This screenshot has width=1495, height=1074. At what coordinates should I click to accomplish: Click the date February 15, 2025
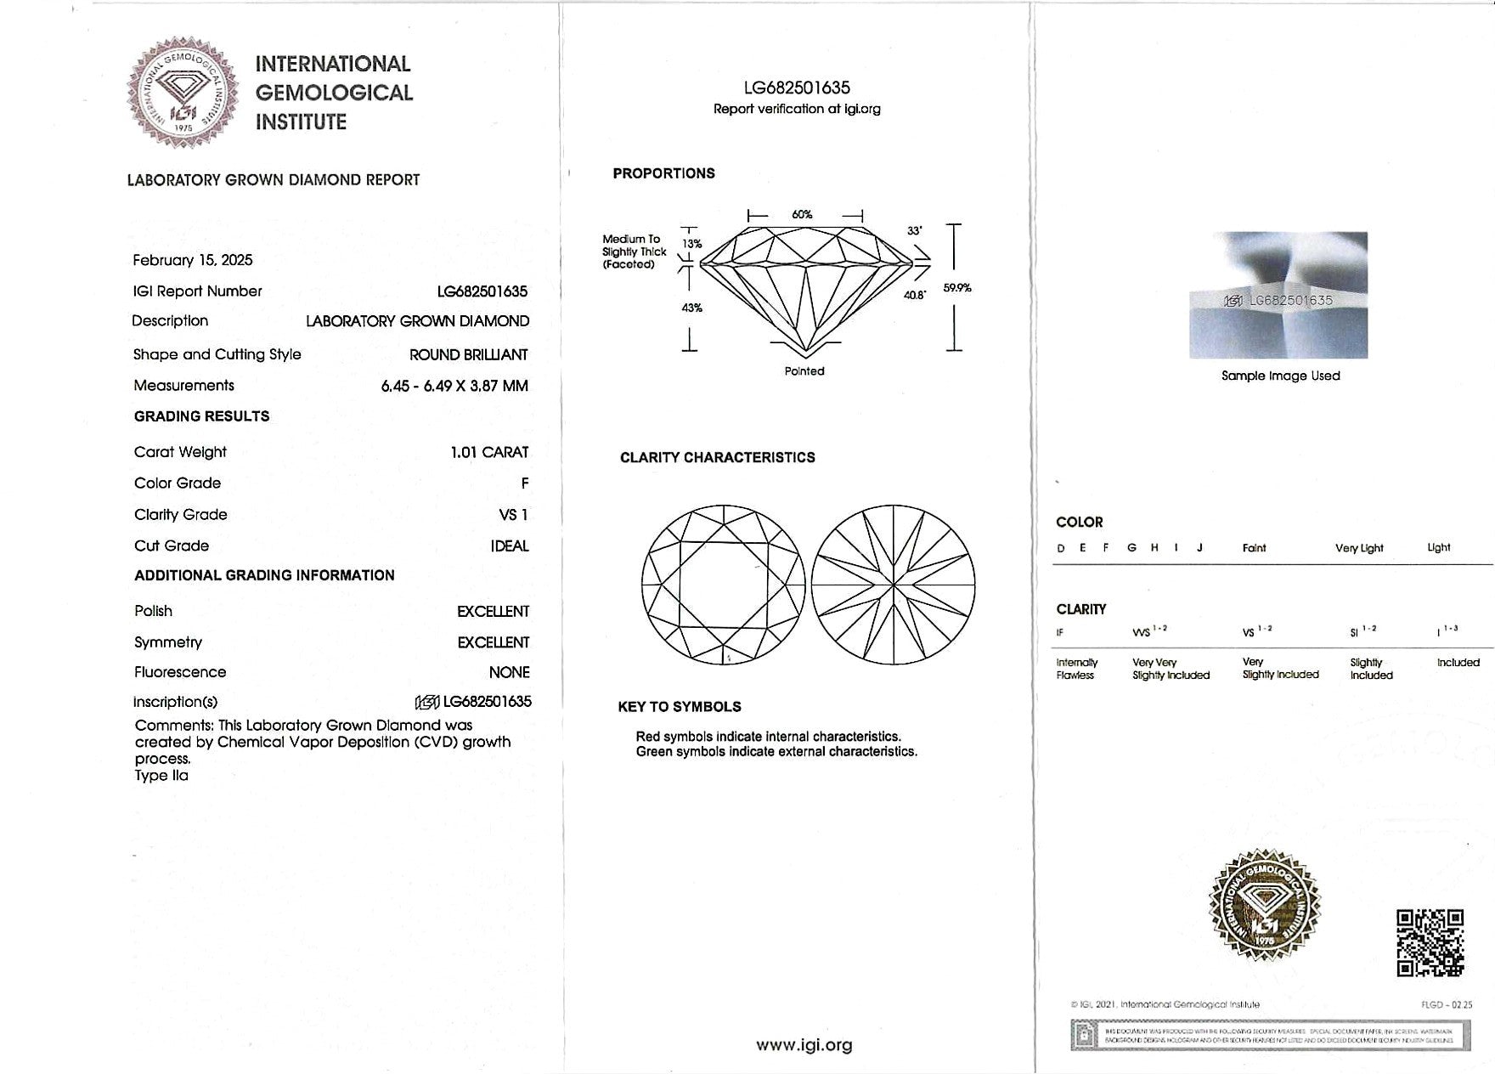(193, 260)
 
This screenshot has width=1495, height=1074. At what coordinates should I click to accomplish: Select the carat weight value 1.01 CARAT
(489, 452)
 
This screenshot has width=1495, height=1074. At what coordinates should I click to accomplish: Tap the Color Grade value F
(525, 483)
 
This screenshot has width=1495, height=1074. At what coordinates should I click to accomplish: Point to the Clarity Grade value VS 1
(513, 514)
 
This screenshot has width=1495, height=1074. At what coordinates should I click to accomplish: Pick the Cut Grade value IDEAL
(510, 545)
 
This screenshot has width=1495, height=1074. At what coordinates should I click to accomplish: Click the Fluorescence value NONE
(509, 672)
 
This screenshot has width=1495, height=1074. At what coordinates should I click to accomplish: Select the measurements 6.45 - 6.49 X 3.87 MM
(454, 386)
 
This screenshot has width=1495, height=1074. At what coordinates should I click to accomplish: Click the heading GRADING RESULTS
(201, 416)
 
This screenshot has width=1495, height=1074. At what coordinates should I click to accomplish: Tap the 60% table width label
(802, 215)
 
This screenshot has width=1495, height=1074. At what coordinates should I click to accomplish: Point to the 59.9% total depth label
(957, 288)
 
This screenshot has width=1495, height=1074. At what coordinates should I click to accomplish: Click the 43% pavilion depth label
(692, 308)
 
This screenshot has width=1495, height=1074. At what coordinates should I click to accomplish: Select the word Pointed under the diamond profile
(804, 371)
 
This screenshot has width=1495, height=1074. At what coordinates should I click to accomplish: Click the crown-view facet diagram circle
(723, 585)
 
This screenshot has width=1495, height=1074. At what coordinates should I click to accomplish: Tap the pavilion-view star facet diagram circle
(893, 585)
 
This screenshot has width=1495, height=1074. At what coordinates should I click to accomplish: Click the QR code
(1430, 942)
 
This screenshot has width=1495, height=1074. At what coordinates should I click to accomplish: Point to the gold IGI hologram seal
(1265, 906)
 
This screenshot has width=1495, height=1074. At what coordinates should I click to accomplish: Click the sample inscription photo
(1278, 295)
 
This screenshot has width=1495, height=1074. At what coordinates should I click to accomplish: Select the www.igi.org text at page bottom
(804, 1045)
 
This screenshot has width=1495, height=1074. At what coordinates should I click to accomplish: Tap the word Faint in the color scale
(1254, 548)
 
